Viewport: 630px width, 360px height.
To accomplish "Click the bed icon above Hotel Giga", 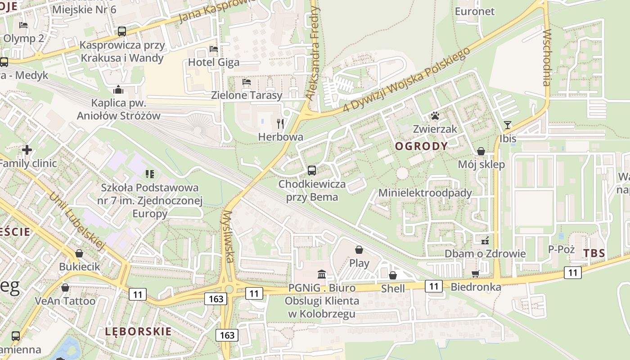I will point(214,49).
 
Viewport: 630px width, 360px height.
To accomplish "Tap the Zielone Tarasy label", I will point(247,95).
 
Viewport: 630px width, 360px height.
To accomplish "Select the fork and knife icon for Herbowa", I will point(280,124).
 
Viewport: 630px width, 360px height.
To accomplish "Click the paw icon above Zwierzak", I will point(435,116).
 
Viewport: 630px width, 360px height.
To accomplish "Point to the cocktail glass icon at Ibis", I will point(508,125).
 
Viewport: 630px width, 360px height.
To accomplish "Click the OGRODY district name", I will point(421,146).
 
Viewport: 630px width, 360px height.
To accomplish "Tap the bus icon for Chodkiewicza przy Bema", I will point(311,171).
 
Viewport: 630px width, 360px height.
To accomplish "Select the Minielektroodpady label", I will point(425,193).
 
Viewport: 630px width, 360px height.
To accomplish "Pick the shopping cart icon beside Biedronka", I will point(475,274).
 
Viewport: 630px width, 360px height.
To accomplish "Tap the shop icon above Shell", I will point(393,275).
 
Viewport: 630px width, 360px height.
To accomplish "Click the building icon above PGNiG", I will point(322,274).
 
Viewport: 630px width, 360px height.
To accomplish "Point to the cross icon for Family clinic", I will point(27,149).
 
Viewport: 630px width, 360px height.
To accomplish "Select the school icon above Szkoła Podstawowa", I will point(150,174).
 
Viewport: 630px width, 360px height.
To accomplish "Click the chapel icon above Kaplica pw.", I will point(118,90).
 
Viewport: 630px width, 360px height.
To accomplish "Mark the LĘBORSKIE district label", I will point(138,332).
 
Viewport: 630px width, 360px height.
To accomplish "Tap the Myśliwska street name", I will point(228,236).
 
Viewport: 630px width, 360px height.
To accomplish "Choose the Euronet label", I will point(475,11).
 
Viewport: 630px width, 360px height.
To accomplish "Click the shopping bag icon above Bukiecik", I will point(79,253).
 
